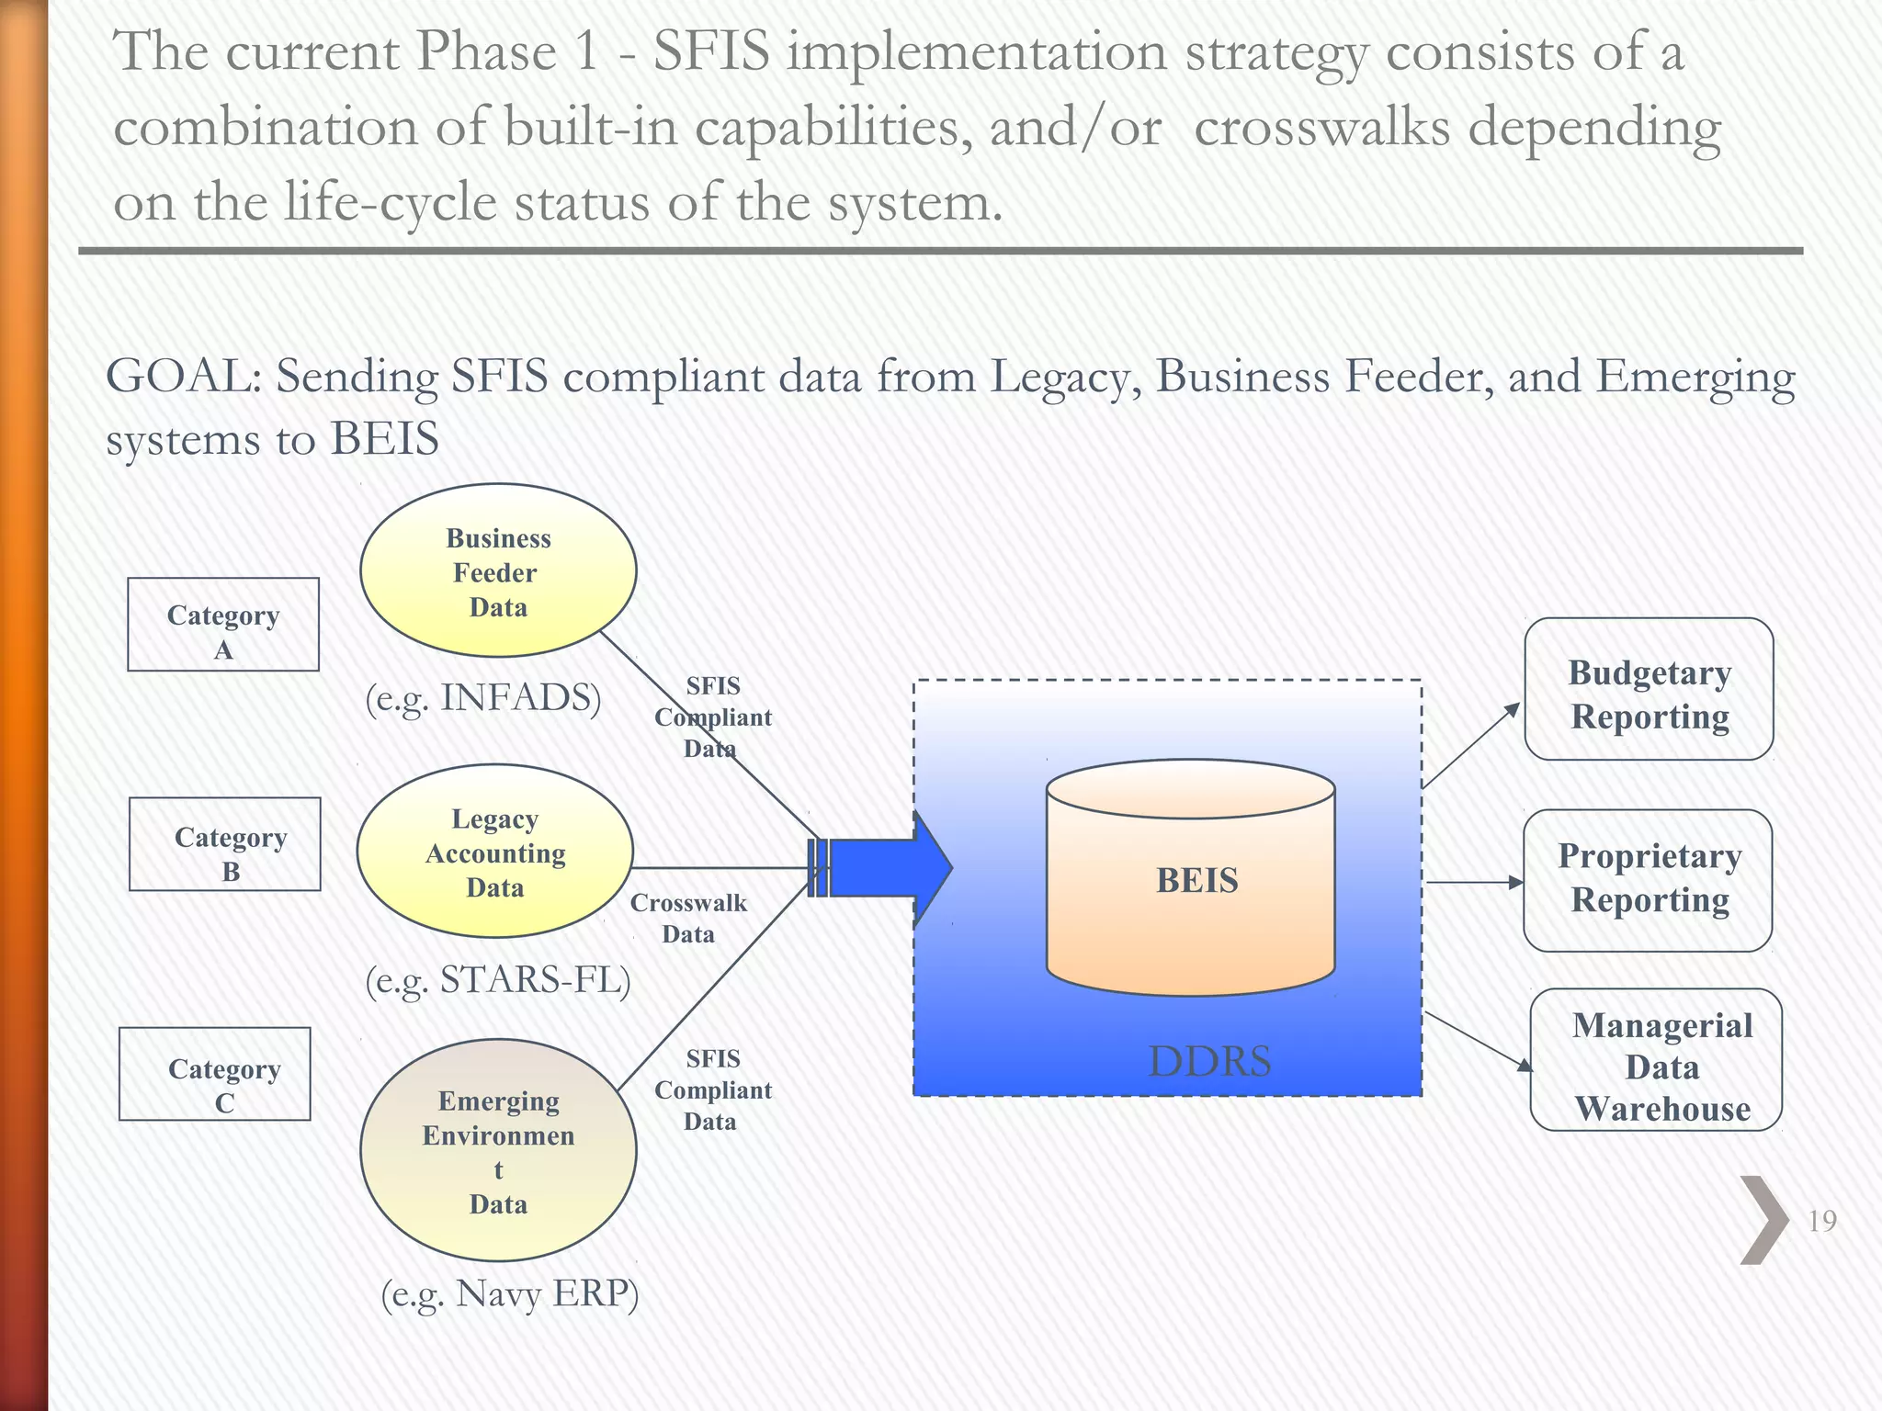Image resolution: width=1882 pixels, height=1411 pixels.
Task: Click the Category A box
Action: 223,625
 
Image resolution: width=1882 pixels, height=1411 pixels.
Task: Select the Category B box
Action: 225,844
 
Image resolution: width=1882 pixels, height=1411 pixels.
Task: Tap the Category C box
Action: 215,1074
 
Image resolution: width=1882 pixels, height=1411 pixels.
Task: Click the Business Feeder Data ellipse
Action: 498,571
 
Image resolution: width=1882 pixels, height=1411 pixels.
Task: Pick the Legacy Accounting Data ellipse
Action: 495,852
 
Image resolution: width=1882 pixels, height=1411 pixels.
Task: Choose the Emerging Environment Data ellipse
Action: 498,1150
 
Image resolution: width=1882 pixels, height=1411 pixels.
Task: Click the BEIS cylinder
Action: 1191,879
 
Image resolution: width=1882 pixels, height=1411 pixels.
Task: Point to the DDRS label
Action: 1209,1062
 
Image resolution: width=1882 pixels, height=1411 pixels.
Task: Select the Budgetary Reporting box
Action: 1649,690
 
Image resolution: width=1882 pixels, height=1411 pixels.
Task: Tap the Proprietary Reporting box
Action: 1648,880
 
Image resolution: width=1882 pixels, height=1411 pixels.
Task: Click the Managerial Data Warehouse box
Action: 1656,1060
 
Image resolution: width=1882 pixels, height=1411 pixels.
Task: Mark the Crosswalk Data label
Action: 688,919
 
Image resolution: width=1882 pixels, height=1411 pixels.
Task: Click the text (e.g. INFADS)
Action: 483,698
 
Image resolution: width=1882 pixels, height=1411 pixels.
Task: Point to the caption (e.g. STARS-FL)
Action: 498,980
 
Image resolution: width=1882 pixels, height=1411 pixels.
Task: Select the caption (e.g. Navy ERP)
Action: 510,1293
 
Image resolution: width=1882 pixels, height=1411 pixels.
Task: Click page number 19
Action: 1821,1221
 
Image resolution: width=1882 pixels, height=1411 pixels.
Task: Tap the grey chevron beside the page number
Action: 1763,1220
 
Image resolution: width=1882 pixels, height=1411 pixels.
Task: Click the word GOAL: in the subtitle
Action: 184,377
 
